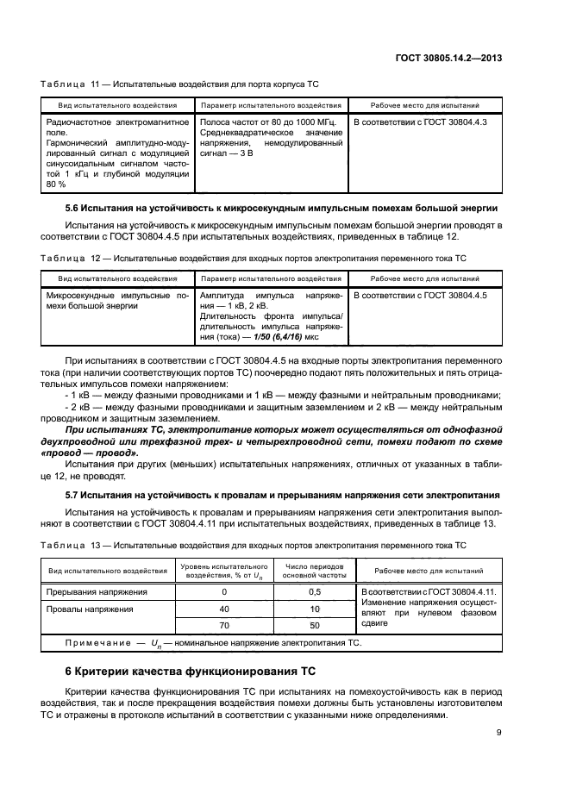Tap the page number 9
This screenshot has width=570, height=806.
point(501,733)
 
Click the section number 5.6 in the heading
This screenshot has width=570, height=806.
point(74,208)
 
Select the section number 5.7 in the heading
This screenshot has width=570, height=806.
point(74,496)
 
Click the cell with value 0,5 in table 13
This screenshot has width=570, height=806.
point(315,592)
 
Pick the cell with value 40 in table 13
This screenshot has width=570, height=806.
point(224,609)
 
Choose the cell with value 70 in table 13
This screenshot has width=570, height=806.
point(224,625)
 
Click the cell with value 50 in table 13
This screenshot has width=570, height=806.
point(315,625)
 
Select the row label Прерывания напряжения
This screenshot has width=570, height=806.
point(97,592)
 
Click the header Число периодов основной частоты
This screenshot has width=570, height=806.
point(315,572)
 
